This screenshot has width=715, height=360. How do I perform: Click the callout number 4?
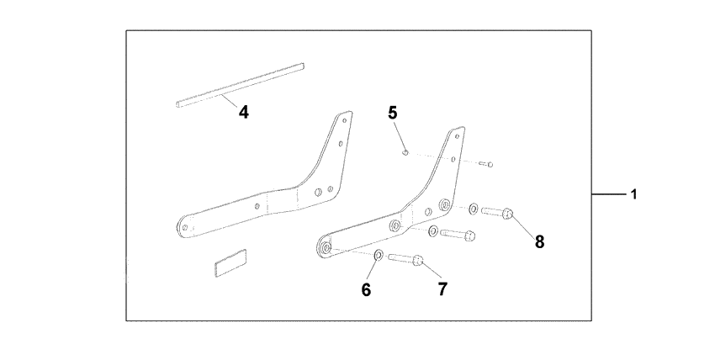tap(243, 111)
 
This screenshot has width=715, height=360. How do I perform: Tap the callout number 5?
tap(392, 111)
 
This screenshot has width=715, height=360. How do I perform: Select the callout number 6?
tap(366, 289)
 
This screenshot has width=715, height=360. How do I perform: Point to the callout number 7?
tap(442, 289)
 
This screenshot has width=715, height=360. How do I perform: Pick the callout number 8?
tap(539, 241)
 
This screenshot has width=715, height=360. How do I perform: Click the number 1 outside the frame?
tap(633, 194)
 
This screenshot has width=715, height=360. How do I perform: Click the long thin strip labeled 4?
tap(240, 85)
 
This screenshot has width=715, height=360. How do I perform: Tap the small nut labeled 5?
tap(405, 152)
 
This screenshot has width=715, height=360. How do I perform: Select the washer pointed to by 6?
tap(378, 255)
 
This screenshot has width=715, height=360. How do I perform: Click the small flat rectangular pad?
tap(230, 262)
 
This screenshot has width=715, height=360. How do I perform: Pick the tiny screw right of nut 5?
tap(489, 165)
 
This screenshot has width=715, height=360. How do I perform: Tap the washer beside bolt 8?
tap(474, 207)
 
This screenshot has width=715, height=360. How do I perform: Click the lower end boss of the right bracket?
tap(323, 247)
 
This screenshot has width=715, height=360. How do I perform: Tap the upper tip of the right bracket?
tap(458, 130)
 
